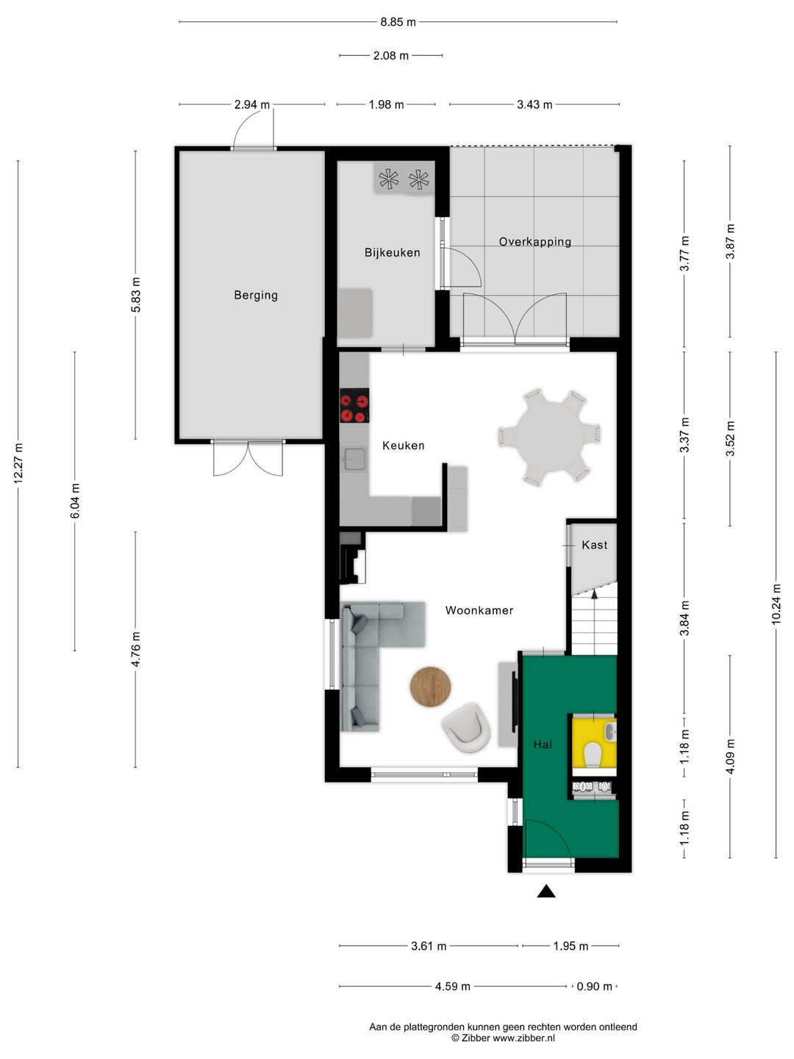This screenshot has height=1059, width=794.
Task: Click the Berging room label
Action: click(256, 295)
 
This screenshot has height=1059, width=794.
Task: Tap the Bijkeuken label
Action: click(392, 252)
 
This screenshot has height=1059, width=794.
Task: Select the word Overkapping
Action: click(534, 242)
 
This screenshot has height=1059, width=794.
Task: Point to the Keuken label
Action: click(403, 446)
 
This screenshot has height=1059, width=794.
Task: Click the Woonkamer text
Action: click(479, 610)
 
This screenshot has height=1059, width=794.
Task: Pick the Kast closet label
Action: click(595, 545)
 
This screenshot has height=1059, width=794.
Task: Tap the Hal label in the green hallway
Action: click(543, 744)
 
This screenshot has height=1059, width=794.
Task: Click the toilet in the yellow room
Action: click(593, 754)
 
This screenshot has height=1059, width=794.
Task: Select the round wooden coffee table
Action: click(431, 687)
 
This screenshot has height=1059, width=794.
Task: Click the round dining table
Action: click(550, 437)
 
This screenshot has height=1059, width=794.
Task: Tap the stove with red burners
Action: click(354, 405)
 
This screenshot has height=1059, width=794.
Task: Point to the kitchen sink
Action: click(354, 458)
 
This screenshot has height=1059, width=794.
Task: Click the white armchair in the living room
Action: click(465, 727)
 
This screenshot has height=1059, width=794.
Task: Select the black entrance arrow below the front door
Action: click(546, 891)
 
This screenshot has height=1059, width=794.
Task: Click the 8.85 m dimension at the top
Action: click(398, 22)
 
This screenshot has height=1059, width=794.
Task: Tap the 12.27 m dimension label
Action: click(18, 463)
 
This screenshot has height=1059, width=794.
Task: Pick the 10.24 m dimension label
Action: click(776, 604)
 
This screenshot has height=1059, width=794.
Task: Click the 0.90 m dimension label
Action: click(595, 987)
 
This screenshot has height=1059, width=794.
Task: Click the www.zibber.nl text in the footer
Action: click(523, 1038)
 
